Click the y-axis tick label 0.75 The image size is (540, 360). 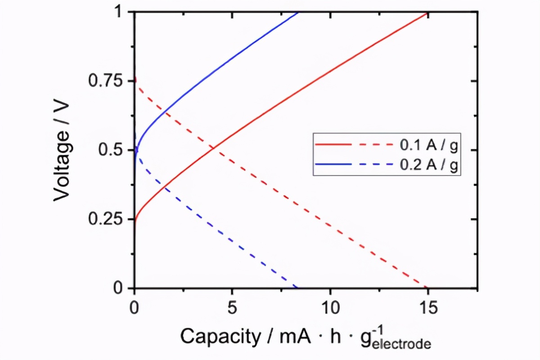106,81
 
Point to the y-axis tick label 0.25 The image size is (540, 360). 106,219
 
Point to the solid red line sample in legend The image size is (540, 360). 332,145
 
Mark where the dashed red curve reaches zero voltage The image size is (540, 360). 427,288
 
